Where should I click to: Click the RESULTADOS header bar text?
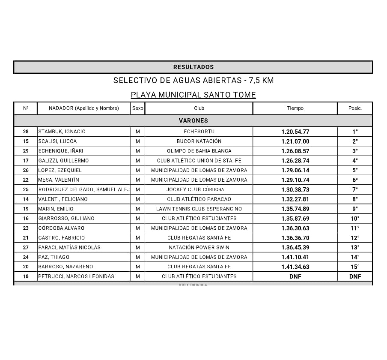[193, 67]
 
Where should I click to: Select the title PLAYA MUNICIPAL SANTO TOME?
[193, 95]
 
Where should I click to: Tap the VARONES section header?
[193, 121]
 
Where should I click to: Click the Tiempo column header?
[295, 108]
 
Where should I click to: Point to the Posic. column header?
[355, 108]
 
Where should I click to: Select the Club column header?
[199, 108]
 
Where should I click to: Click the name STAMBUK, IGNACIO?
[62, 132]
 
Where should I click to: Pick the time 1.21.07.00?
[295, 141]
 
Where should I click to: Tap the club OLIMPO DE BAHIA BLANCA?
[199, 151]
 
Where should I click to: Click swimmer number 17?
[26, 161]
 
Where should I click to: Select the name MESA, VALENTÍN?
[59, 180]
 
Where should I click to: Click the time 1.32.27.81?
[295, 199]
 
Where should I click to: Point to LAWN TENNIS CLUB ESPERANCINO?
[199, 209]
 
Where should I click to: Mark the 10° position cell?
[355, 219]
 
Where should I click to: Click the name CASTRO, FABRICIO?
[62, 238]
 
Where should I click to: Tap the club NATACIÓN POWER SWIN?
[199, 247]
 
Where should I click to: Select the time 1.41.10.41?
[295, 257]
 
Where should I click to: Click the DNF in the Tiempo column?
[295, 276]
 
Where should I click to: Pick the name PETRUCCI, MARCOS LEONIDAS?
[77, 276]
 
